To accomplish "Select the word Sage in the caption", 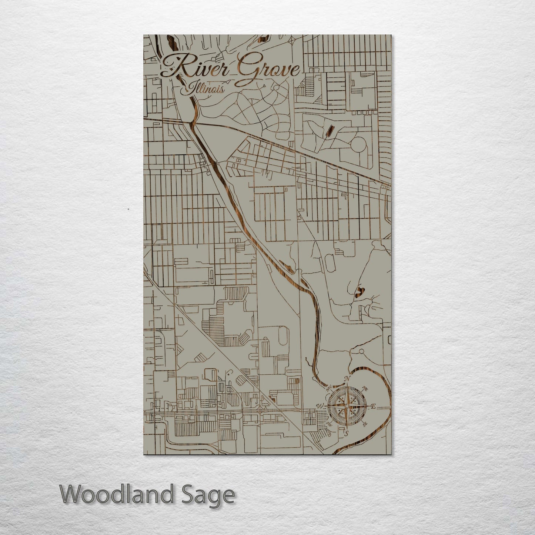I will (x=210, y=495).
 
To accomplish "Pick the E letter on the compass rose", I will (x=373, y=407).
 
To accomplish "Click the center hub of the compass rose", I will (x=346, y=406).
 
